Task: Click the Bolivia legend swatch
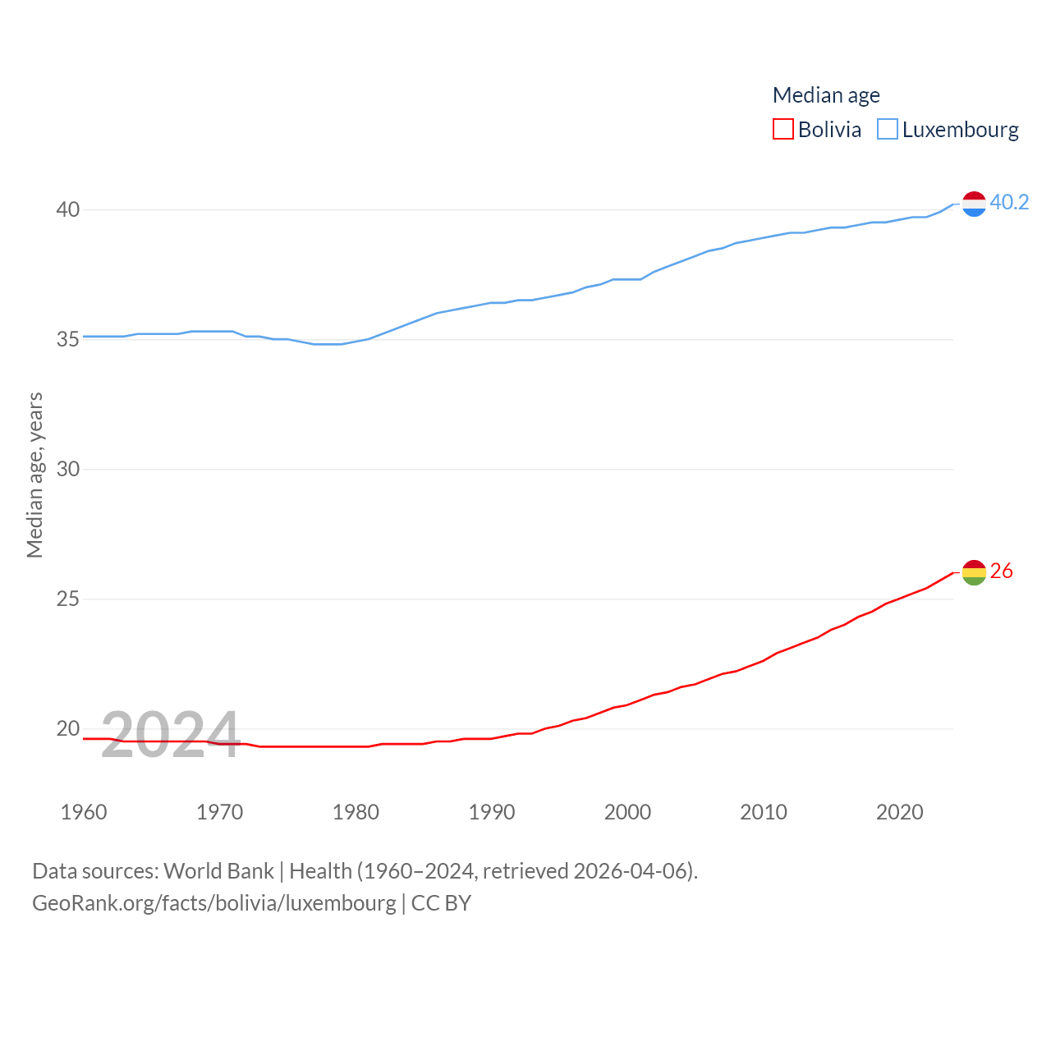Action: pyautogui.click(x=783, y=130)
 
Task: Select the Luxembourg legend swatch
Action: pyautogui.click(x=888, y=130)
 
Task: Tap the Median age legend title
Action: pyautogui.click(x=826, y=95)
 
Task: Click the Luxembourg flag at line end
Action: pyautogui.click(x=974, y=204)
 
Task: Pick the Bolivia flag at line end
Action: pyautogui.click(x=974, y=572)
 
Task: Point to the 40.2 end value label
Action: pyautogui.click(x=1009, y=202)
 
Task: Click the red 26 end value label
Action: pyautogui.click(x=1002, y=571)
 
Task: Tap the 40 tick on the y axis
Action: pyautogui.click(x=68, y=209)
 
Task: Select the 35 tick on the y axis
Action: pyautogui.click(x=68, y=339)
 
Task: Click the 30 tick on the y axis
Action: pyautogui.click(x=68, y=469)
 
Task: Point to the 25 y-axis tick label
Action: pyautogui.click(x=68, y=599)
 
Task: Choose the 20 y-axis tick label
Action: pyautogui.click(x=68, y=728)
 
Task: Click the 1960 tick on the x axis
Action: pyautogui.click(x=84, y=812)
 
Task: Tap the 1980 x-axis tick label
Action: pyautogui.click(x=356, y=812)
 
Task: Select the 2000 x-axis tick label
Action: pyautogui.click(x=627, y=812)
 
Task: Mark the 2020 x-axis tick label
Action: pyautogui.click(x=899, y=812)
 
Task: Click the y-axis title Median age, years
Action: pyautogui.click(x=34, y=475)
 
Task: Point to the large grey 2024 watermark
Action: pyautogui.click(x=170, y=733)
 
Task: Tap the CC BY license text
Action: pyautogui.click(x=441, y=903)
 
